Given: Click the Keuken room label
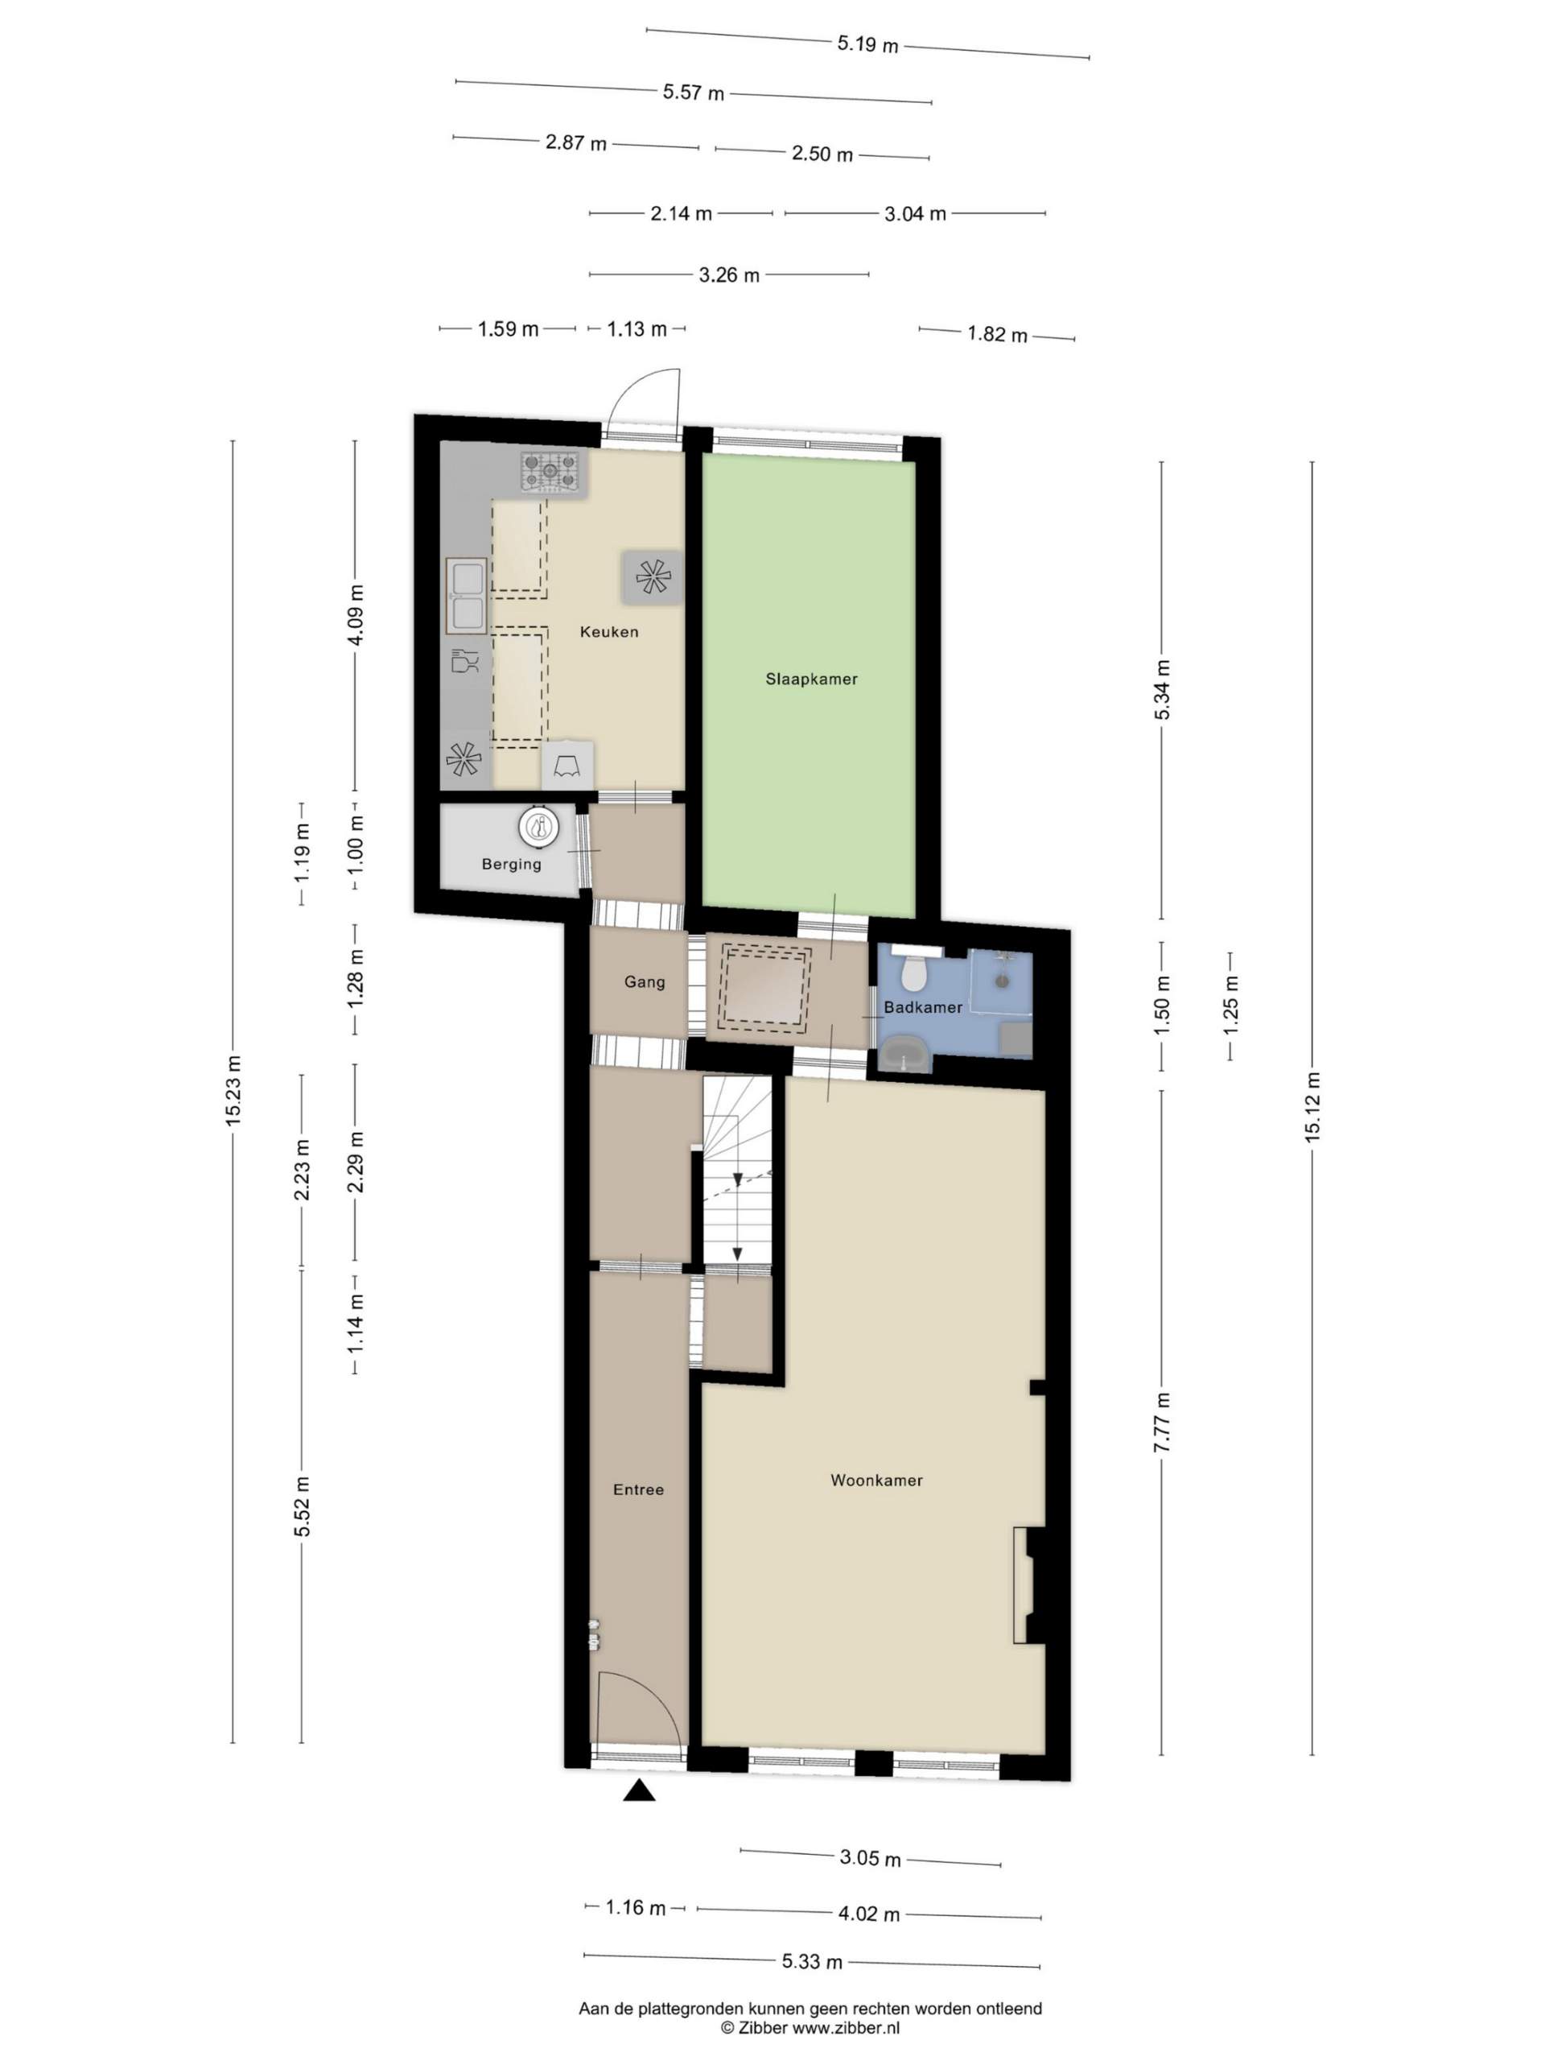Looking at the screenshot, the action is point(609,632).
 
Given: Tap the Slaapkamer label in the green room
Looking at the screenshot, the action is point(811,679).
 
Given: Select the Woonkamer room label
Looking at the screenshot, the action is point(876,1481).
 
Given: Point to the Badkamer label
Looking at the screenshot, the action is point(923,1007).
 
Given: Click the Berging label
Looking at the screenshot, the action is point(511,865).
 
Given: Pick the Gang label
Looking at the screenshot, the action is point(645,982).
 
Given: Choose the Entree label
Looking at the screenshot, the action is point(639,1490).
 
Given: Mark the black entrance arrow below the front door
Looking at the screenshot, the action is point(639,1790).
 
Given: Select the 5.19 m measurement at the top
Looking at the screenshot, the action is point(867,43).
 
